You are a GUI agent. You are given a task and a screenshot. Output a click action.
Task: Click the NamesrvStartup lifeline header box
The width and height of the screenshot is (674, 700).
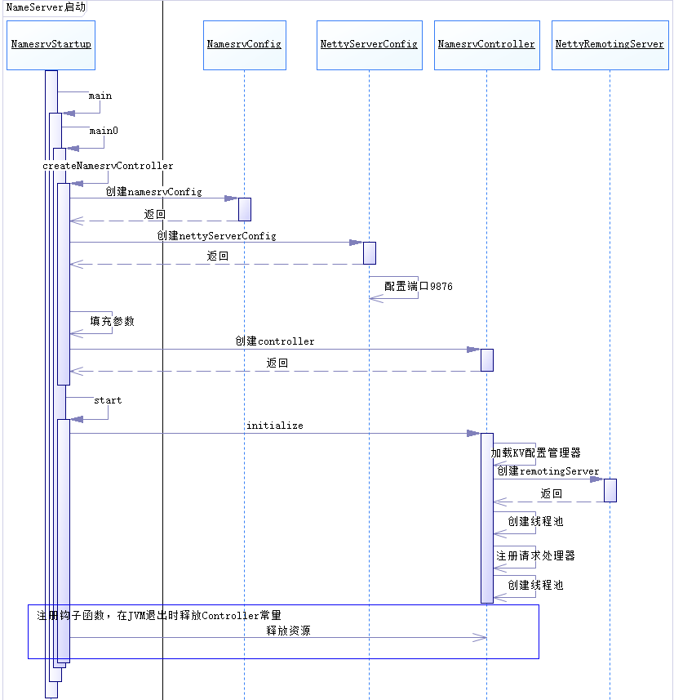(51, 45)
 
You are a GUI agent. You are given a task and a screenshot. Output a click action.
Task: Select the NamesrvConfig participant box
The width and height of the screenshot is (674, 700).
(244, 45)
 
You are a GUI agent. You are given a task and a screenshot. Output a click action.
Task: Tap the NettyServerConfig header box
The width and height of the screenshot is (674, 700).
(369, 45)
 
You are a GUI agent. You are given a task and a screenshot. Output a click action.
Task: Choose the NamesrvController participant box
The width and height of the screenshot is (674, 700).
(486, 45)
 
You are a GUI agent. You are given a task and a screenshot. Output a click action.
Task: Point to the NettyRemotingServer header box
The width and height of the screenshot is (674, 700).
(610, 45)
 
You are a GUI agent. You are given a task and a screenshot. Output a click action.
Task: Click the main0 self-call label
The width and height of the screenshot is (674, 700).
(104, 131)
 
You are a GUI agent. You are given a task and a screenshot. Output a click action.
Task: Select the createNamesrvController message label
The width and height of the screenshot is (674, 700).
(108, 166)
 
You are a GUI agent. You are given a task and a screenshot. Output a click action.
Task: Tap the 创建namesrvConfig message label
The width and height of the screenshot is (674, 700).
(153, 192)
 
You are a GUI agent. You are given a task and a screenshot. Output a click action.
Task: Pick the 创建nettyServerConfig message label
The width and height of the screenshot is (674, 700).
(216, 236)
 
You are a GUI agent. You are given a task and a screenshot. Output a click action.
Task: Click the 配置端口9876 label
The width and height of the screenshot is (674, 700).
(419, 288)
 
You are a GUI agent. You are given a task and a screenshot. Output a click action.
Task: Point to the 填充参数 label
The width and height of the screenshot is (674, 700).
(112, 322)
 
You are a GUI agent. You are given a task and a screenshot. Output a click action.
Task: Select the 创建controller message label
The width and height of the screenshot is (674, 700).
(274, 341)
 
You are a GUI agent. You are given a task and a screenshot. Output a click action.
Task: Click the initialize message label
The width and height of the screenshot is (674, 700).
(274, 426)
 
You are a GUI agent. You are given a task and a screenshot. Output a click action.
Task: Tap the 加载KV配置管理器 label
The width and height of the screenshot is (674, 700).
(535, 453)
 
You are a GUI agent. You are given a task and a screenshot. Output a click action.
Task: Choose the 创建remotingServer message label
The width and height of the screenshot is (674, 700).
(548, 471)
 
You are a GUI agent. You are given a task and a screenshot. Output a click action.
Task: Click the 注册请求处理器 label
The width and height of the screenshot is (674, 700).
(535, 556)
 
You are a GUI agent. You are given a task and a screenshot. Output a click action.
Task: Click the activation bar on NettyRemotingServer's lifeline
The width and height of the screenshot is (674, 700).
(610, 490)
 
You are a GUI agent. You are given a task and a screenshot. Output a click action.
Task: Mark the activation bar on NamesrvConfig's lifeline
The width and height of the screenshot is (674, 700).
(244, 209)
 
